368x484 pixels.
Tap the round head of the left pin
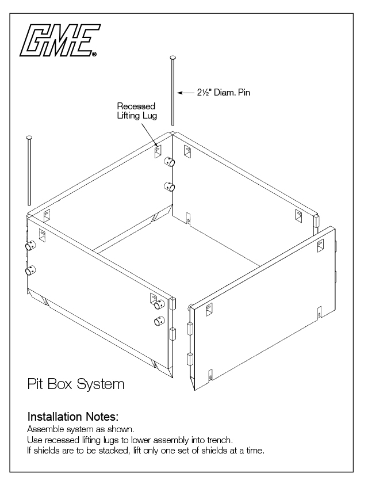pos(28,138)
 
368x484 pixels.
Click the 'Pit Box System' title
pos(75,383)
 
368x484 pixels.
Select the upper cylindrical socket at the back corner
pos(169,162)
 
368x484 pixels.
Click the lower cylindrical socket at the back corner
pos(169,186)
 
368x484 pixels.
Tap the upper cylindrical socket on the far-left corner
pos(29,246)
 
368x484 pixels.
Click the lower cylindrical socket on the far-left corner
pos(29,270)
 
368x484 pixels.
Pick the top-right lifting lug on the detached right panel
pos(320,246)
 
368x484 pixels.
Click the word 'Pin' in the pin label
pos(244,92)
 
